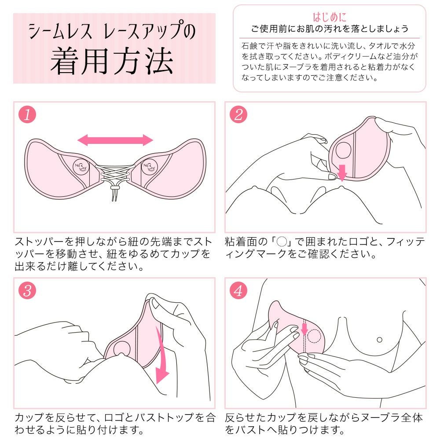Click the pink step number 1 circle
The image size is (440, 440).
point(27,115)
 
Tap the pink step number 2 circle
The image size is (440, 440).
point(238,115)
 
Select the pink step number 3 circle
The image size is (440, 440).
point(27,291)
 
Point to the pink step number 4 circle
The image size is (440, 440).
point(238,291)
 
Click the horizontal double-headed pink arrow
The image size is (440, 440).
point(115,140)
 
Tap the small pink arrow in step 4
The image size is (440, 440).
point(304,328)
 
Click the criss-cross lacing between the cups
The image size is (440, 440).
point(114,173)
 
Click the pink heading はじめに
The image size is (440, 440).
point(330,18)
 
